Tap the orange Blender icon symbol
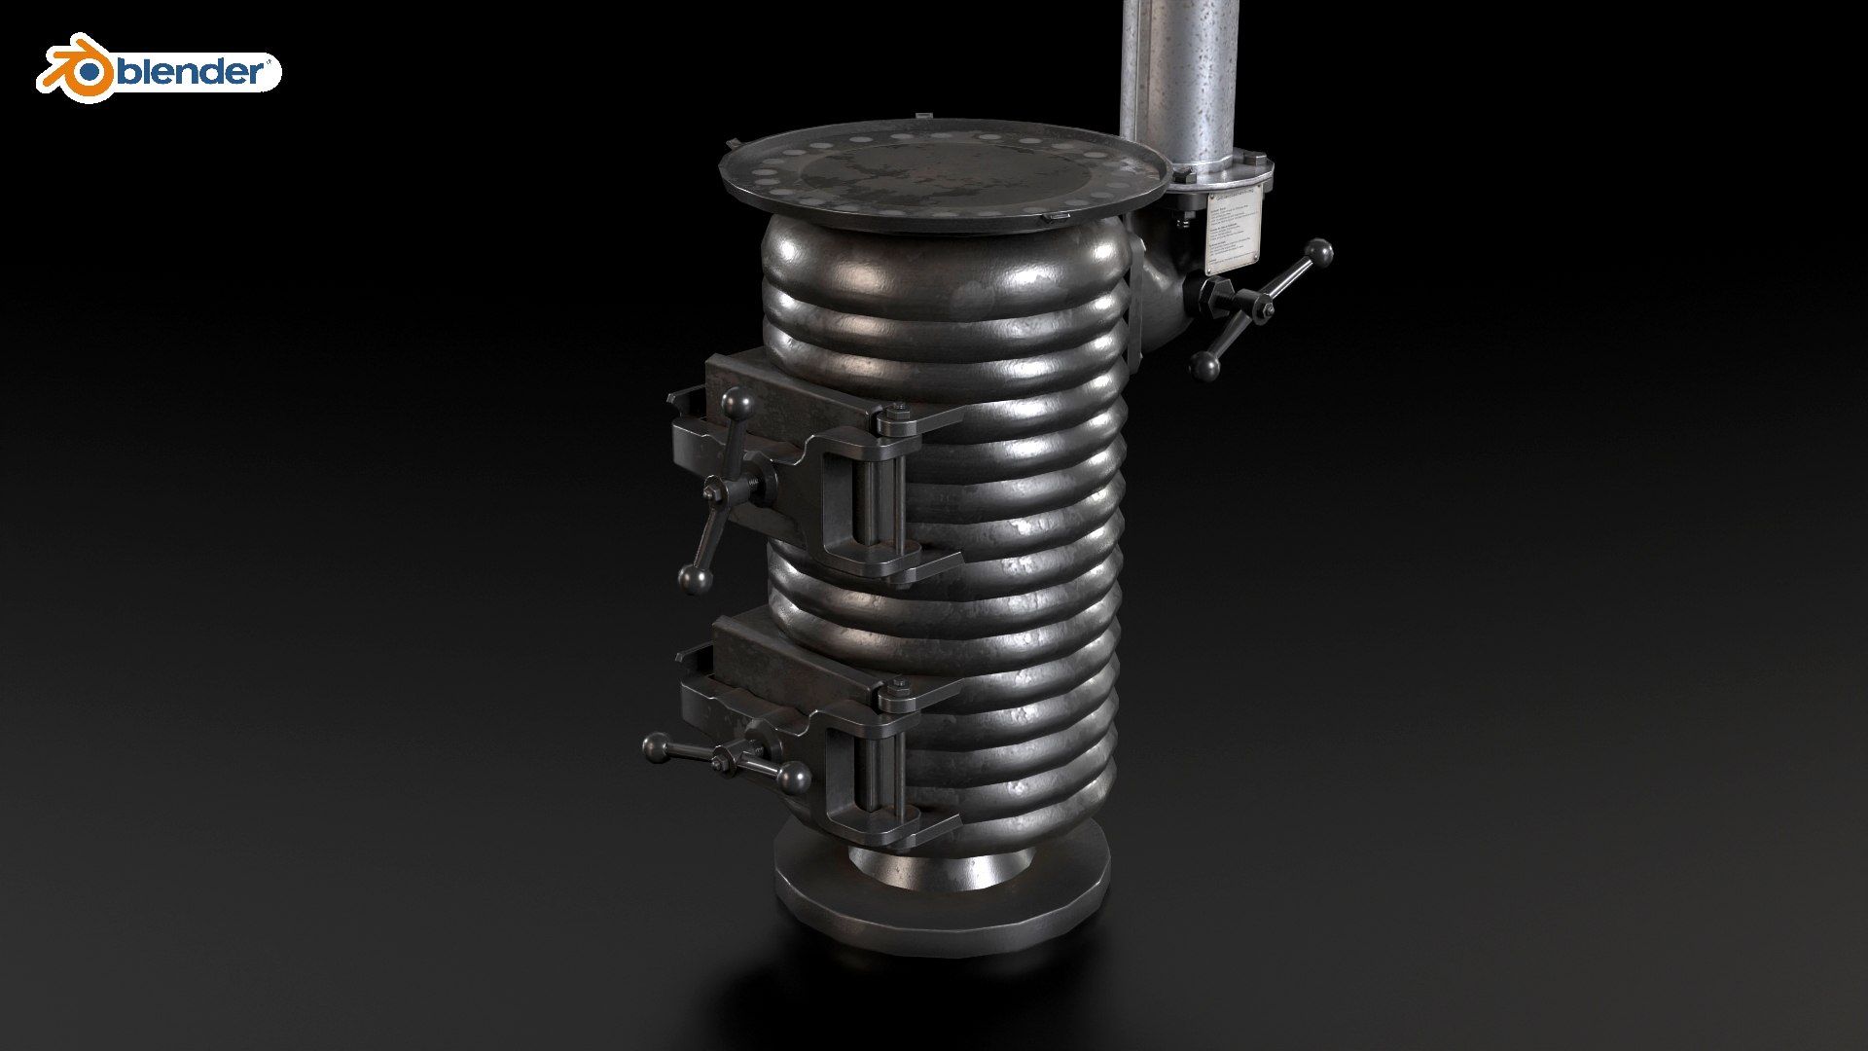click(x=76, y=69)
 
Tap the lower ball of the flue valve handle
click(x=1204, y=366)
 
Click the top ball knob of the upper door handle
click(x=737, y=402)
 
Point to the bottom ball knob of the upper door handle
click(x=696, y=580)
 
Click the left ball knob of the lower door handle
click(x=658, y=747)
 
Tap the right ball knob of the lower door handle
click(x=794, y=778)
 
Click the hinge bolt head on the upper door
click(x=886, y=421)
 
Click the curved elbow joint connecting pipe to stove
click(x=1160, y=292)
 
